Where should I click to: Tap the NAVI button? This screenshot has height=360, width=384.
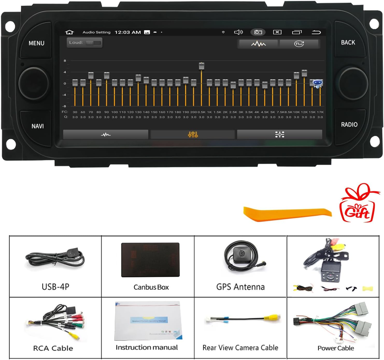[x=38, y=126]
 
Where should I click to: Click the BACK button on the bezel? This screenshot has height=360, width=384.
[x=348, y=42]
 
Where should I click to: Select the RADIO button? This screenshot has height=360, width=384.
[x=349, y=124]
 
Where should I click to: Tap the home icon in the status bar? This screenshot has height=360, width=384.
[x=69, y=32]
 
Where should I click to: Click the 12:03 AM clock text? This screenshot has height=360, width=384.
[x=128, y=32]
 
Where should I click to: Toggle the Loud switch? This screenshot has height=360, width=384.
[x=93, y=43]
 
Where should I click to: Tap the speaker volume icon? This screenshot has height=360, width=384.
[x=238, y=32]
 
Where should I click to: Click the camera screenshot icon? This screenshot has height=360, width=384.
[x=258, y=32]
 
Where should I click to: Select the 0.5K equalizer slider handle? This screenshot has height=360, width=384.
[x=202, y=66]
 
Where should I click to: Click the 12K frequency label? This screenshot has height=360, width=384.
[x=304, y=112]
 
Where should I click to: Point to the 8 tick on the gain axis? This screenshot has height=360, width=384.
[x=65, y=61]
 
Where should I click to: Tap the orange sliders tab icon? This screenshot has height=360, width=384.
[x=193, y=135]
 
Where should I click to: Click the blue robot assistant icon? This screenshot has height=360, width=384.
[x=318, y=83]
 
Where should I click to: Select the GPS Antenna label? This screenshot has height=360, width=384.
[x=240, y=287]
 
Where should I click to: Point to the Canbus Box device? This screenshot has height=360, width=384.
[x=151, y=260]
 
